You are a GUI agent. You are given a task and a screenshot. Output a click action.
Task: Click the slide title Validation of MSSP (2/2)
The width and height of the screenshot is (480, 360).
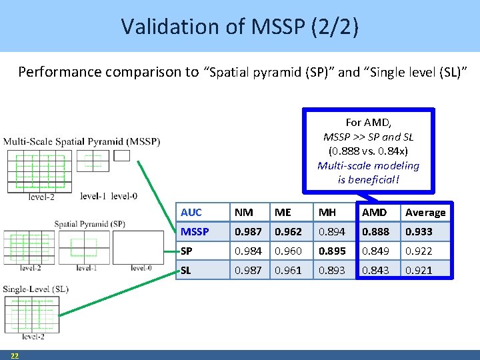[x=239, y=26]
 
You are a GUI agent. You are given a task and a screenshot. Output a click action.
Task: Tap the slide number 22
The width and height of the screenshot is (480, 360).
[x=14, y=355]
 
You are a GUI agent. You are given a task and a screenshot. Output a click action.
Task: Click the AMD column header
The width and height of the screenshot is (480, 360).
[x=373, y=212]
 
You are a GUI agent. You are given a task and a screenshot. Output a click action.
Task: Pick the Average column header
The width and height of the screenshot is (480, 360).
[x=425, y=212]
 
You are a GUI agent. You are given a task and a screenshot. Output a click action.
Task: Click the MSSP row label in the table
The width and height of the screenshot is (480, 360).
[x=194, y=231]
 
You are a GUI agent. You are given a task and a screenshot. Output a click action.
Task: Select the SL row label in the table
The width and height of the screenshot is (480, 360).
[x=185, y=270]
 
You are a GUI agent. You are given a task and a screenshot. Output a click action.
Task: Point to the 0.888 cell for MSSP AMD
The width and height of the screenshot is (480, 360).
[x=374, y=231]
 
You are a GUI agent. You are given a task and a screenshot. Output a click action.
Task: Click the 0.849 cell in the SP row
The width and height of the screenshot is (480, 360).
[x=374, y=251]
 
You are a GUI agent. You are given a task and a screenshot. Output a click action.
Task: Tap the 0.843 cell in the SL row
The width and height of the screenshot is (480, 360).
[x=374, y=270]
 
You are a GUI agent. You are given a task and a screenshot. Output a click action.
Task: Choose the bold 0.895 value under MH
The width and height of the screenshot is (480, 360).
[x=331, y=251]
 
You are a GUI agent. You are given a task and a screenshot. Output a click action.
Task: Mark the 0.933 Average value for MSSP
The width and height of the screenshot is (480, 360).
[x=419, y=231]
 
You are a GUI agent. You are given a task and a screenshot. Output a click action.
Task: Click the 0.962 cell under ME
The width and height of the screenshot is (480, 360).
[x=288, y=231]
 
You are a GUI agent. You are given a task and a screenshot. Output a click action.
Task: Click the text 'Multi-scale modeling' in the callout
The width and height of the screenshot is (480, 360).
[x=368, y=165]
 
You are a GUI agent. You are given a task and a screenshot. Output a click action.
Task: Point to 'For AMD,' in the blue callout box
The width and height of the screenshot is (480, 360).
[x=368, y=123]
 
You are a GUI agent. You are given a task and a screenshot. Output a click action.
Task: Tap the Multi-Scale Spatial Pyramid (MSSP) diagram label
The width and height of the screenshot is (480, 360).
[x=81, y=141]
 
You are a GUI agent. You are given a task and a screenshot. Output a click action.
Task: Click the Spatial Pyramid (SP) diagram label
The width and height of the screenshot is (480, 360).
[x=89, y=224]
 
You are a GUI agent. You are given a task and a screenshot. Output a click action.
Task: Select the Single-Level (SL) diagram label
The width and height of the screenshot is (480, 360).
[x=36, y=289]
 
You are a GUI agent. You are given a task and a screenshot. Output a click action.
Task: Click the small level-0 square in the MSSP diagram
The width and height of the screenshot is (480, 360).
[x=122, y=155]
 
